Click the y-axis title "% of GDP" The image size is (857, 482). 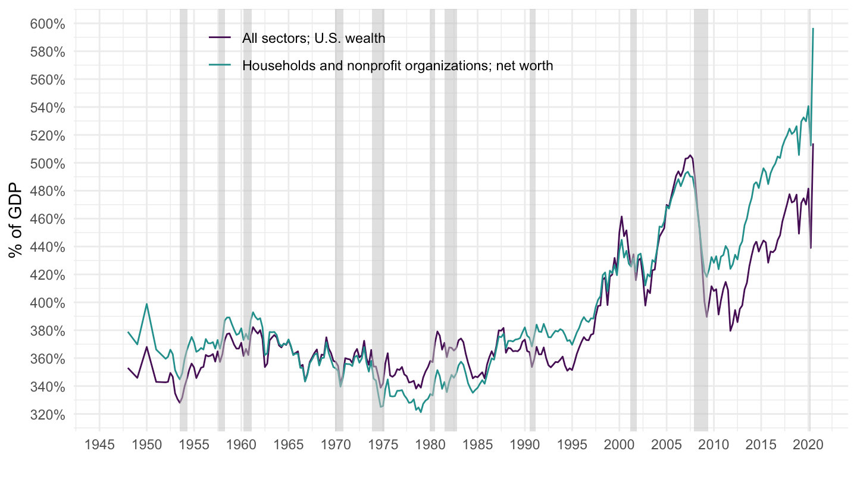pyautogui.click(x=16, y=221)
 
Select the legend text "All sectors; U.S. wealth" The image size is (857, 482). pyautogui.click(x=314, y=38)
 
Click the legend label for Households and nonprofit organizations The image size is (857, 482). pyautogui.click(x=398, y=66)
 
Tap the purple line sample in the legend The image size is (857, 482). pyautogui.click(x=220, y=38)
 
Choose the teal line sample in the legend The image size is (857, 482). pyautogui.click(x=220, y=66)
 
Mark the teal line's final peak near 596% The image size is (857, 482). pyautogui.click(x=813, y=29)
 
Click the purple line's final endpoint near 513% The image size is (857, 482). pyautogui.click(x=813, y=144)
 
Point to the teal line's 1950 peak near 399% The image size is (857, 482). pyautogui.click(x=146, y=304)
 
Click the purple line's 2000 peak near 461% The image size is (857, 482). pyautogui.click(x=621, y=217)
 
